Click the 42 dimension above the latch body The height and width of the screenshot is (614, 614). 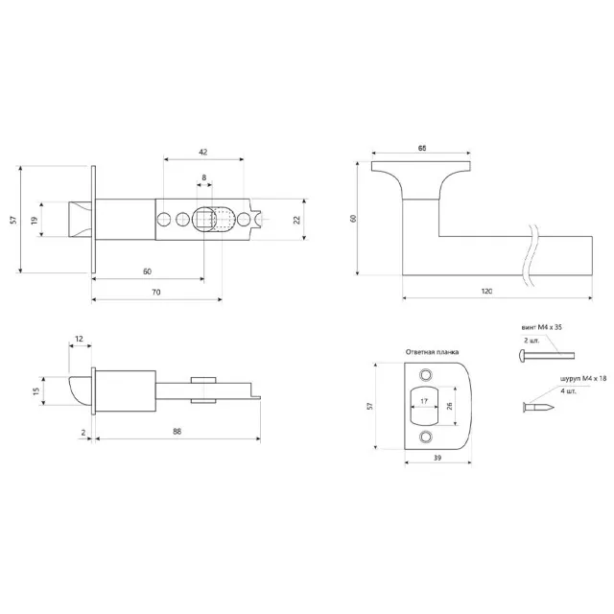[203, 153]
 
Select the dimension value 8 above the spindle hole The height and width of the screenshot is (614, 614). [203, 178]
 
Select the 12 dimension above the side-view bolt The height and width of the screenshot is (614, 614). [79, 339]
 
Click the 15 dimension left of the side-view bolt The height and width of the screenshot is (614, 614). [36, 390]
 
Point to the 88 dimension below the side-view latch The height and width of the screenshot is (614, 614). [177, 434]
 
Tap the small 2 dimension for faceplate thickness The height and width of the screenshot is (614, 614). [83, 434]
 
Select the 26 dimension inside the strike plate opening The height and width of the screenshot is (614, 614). [449, 406]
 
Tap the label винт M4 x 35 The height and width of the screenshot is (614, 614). [543, 326]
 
